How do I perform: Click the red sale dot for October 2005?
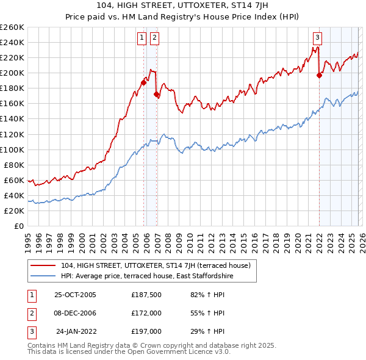pyautogui.click(x=144, y=82)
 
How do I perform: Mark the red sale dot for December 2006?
pyautogui.click(x=157, y=94)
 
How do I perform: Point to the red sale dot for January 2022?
pyautogui.click(x=319, y=75)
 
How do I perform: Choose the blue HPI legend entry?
pyautogui.click(x=147, y=276)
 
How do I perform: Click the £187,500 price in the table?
pyautogui.click(x=146, y=295)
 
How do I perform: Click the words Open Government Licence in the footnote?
pyautogui.click(x=171, y=352)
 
